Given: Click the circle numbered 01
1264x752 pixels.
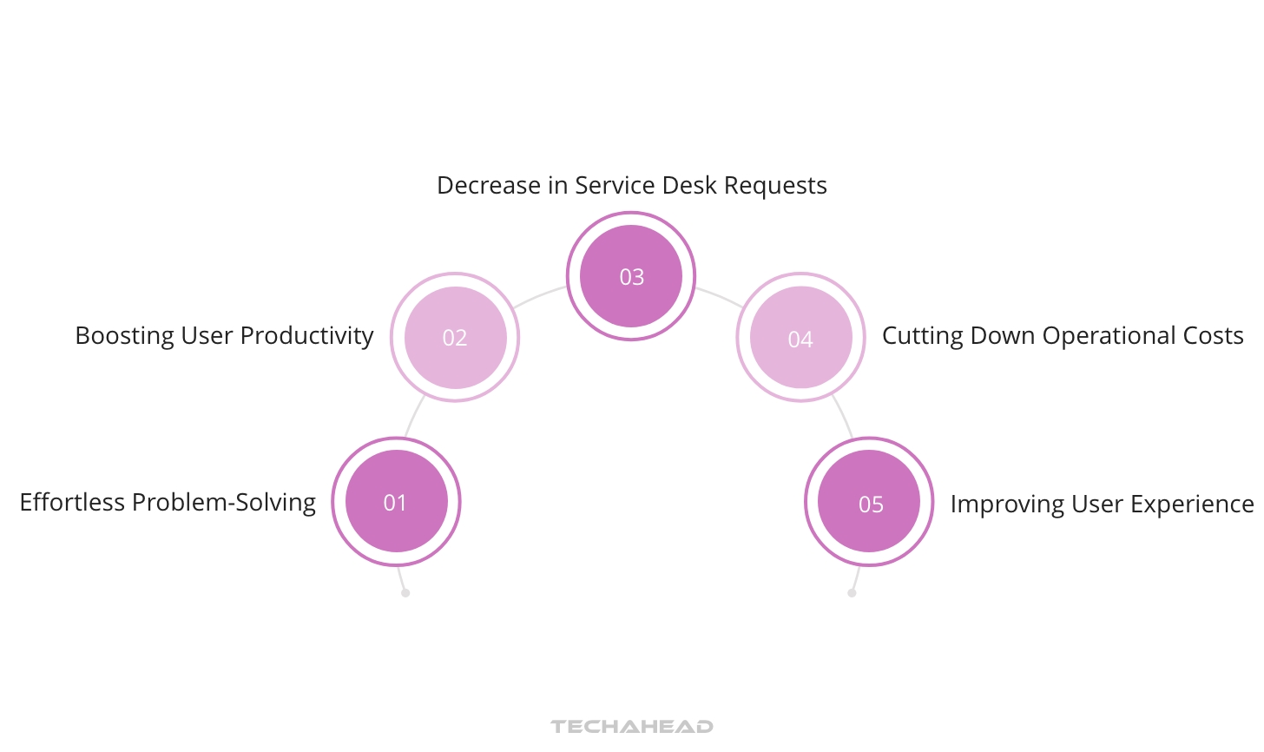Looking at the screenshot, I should click(396, 502).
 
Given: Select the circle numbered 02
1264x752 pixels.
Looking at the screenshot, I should click(455, 337).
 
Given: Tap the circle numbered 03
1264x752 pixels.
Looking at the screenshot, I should click(631, 276).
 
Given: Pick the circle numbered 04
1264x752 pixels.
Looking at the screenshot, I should click(800, 338).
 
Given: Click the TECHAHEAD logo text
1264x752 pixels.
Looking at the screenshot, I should click(632, 726).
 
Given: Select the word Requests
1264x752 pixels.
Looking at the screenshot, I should click(775, 186).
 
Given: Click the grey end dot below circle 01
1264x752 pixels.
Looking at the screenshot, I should click(405, 593).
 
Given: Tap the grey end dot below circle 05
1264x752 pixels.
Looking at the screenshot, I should click(852, 593).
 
